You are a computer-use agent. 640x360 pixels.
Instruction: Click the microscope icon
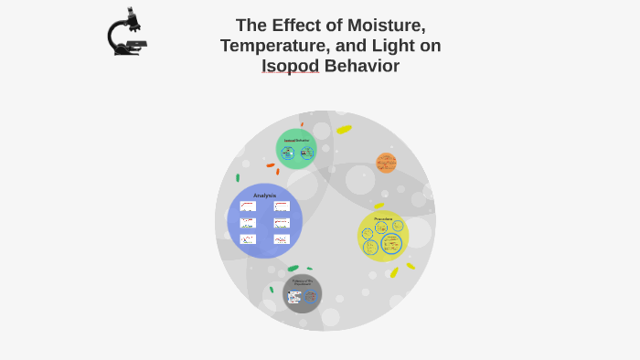point(127,32)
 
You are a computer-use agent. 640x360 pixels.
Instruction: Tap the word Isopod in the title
point(290,66)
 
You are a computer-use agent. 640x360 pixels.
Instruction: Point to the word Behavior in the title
point(361,66)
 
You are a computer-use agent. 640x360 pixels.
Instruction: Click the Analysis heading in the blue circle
point(264,196)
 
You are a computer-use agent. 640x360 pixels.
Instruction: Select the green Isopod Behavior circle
point(296,149)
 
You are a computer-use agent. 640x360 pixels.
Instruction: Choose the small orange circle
point(386,163)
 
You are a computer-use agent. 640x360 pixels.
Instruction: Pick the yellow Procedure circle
point(383,236)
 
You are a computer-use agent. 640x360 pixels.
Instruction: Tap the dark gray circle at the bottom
point(302,293)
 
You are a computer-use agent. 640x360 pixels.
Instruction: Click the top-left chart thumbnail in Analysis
point(248,206)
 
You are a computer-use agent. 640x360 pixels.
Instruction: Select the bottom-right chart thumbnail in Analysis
point(282,239)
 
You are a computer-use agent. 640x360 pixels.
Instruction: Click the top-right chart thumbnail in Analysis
point(282,206)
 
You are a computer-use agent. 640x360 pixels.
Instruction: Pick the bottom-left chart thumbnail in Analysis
point(248,239)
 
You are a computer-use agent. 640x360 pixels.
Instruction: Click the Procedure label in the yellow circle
point(383,218)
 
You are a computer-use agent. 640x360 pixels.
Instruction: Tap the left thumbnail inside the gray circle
point(294,297)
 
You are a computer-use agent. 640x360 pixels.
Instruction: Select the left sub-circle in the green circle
point(288,154)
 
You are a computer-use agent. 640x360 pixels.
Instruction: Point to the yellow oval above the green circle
point(344,130)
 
